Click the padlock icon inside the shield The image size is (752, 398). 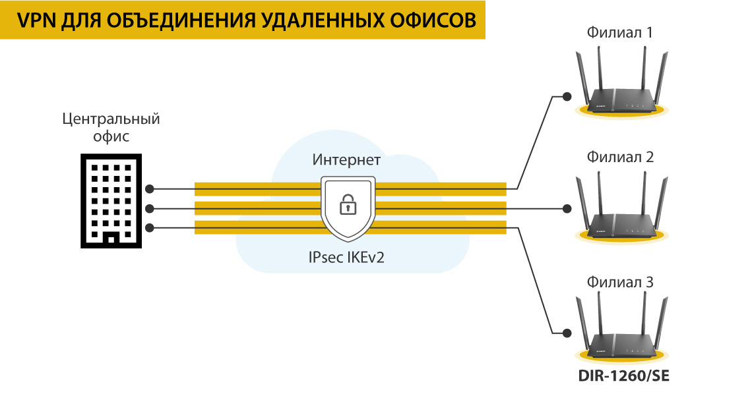(347, 205)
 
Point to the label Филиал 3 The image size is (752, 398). (620, 282)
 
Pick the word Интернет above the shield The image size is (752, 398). (346, 160)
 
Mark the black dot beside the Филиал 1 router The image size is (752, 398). (566, 98)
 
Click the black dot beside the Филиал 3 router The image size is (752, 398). (566, 333)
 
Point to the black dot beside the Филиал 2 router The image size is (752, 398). (566, 209)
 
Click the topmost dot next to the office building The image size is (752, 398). (150, 188)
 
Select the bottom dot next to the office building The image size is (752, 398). (150, 229)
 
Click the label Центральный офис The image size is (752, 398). (111, 128)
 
